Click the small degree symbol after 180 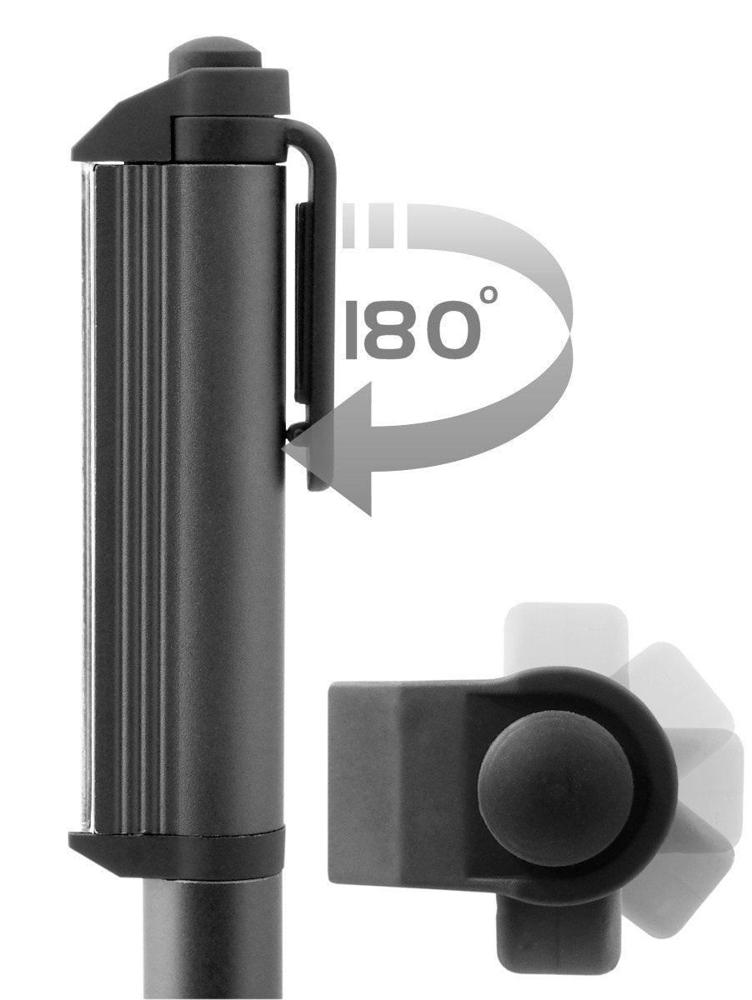[x=489, y=294]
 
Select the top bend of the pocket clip [x=317, y=142]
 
